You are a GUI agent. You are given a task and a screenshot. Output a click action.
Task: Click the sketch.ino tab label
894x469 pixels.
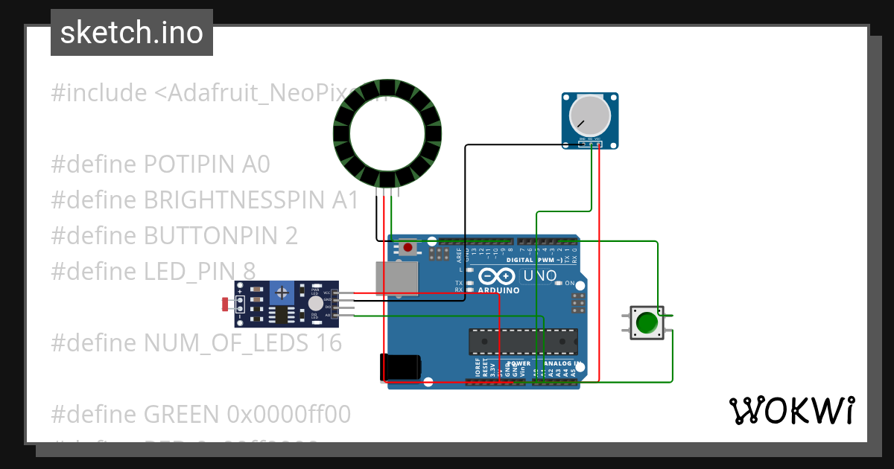[x=131, y=33]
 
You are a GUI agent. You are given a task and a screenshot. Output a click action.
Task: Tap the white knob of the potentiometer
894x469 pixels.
[x=589, y=116]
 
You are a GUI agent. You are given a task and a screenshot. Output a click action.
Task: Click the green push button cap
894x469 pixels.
[x=647, y=322]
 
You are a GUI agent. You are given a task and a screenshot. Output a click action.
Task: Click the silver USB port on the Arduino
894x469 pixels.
[x=396, y=279]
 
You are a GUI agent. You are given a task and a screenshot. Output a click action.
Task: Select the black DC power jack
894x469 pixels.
[x=400, y=367]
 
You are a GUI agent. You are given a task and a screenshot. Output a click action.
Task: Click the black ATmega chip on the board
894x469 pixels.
[x=522, y=341]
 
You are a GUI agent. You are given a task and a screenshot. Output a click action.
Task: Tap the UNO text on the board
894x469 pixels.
[x=540, y=276]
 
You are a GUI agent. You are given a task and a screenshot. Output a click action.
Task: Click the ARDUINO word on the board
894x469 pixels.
[x=498, y=290]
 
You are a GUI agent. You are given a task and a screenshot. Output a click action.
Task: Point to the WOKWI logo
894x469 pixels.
[x=791, y=410]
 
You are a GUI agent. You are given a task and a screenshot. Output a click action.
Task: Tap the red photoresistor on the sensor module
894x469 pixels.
[x=226, y=303]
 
